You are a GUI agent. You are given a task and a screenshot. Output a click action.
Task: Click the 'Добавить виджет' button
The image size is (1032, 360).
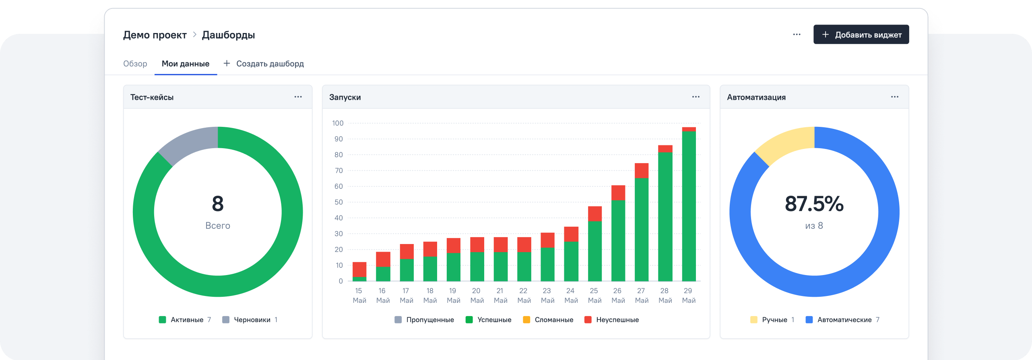coord(861,35)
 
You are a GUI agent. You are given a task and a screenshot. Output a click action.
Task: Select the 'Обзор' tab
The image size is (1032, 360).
coord(135,64)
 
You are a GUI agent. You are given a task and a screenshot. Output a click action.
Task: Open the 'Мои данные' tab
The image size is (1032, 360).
coord(186,64)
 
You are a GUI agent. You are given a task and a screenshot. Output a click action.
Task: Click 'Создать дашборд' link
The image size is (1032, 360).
coord(264,64)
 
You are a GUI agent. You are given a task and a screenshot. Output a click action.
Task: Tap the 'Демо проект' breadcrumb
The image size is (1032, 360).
coord(155,35)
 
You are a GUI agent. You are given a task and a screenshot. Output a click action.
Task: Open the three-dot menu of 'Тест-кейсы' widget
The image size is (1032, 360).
coord(298,97)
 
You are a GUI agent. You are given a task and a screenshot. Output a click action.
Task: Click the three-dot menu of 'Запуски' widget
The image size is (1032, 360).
coord(696,97)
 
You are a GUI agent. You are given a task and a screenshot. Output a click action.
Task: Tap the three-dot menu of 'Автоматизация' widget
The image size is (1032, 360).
coord(894,97)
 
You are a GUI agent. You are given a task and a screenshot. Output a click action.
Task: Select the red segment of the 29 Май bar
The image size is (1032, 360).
coord(689,129)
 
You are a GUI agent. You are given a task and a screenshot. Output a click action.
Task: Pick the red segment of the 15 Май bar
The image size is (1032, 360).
coord(359,269)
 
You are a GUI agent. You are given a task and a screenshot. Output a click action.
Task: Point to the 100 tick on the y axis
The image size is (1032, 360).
coord(338,123)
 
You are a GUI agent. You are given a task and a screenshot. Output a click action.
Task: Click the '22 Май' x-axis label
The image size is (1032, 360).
coord(524,296)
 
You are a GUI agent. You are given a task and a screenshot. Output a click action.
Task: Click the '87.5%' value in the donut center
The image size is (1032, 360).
coord(814,204)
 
